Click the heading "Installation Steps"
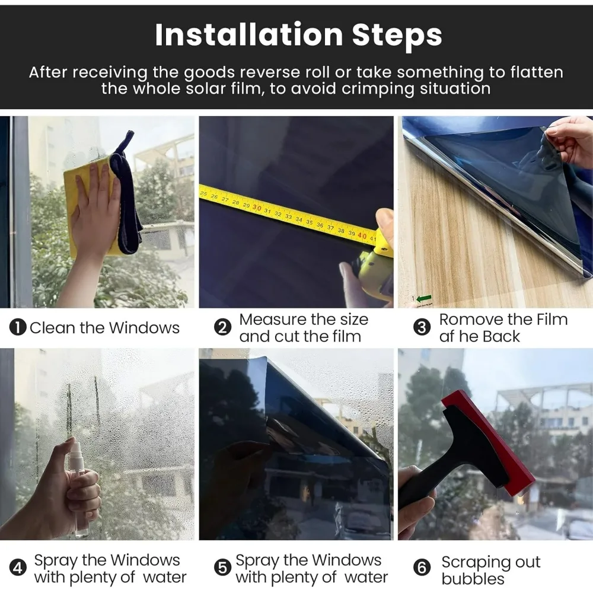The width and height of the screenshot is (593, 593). pos(298,35)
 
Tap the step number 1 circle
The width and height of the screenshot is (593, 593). pos(18,327)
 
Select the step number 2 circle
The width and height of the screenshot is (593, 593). pos(222,327)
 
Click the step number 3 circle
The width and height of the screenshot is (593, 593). pos(422,327)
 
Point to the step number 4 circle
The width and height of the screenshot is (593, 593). pos(18,568)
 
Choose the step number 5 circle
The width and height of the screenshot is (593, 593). pos(222,568)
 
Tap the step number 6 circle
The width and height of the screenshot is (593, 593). pos(422,568)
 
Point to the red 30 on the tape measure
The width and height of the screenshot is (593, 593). pos(257,208)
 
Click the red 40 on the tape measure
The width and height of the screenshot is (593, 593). pos(362,236)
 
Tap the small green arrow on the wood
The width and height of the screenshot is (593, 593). pos(423,299)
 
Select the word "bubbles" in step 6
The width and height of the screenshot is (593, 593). pos(473,579)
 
